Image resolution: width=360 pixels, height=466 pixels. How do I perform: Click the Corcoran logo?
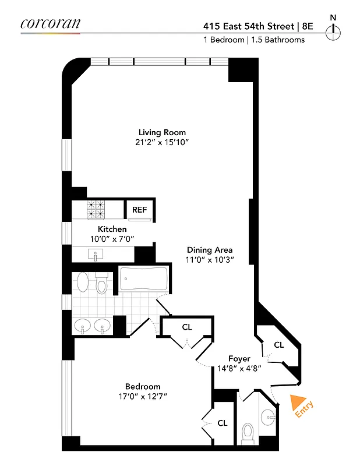pyautogui.click(x=50, y=24)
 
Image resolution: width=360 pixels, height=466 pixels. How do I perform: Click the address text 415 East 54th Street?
pyautogui.click(x=249, y=26)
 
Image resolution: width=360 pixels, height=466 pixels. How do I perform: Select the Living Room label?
pyautogui.click(x=162, y=132)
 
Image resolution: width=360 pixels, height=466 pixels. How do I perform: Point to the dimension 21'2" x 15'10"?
pyautogui.click(x=162, y=143)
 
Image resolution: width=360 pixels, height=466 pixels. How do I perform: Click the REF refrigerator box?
pyautogui.click(x=139, y=210)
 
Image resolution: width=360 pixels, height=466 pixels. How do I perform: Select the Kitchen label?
pyautogui.click(x=112, y=229)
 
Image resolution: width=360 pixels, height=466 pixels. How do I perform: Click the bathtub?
pyautogui.click(x=143, y=279)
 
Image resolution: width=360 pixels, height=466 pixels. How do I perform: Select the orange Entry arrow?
pyautogui.click(x=299, y=403)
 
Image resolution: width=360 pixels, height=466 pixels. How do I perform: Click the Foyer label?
pyautogui.click(x=239, y=358)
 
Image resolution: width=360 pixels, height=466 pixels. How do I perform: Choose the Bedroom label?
pyautogui.click(x=143, y=386)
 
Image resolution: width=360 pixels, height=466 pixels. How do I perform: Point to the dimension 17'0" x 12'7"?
pyautogui.click(x=143, y=397)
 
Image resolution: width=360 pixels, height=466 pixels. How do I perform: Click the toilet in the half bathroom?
pyautogui.click(x=247, y=433)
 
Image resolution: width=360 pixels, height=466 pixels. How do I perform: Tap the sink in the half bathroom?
pyautogui.click(x=267, y=416)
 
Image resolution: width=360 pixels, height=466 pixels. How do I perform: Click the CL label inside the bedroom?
pyautogui.click(x=222, y=423)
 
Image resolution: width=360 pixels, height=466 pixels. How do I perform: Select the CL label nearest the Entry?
pyautogui.click(x=278, y=345)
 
